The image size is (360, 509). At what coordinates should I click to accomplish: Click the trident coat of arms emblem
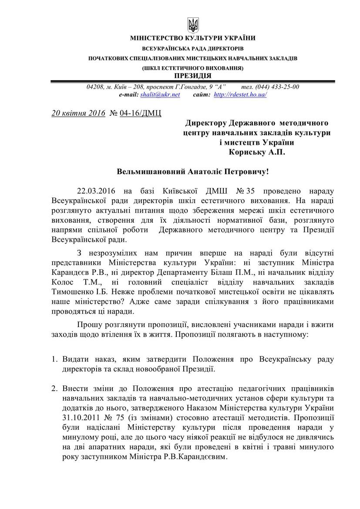pos(192,24)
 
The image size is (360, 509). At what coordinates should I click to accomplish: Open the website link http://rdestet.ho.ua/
pos(240,94)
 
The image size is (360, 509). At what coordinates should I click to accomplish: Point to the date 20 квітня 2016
pos(78,113)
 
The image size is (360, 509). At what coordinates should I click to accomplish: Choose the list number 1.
pos(54,359)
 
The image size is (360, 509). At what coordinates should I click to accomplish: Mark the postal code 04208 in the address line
pos(95,87)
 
